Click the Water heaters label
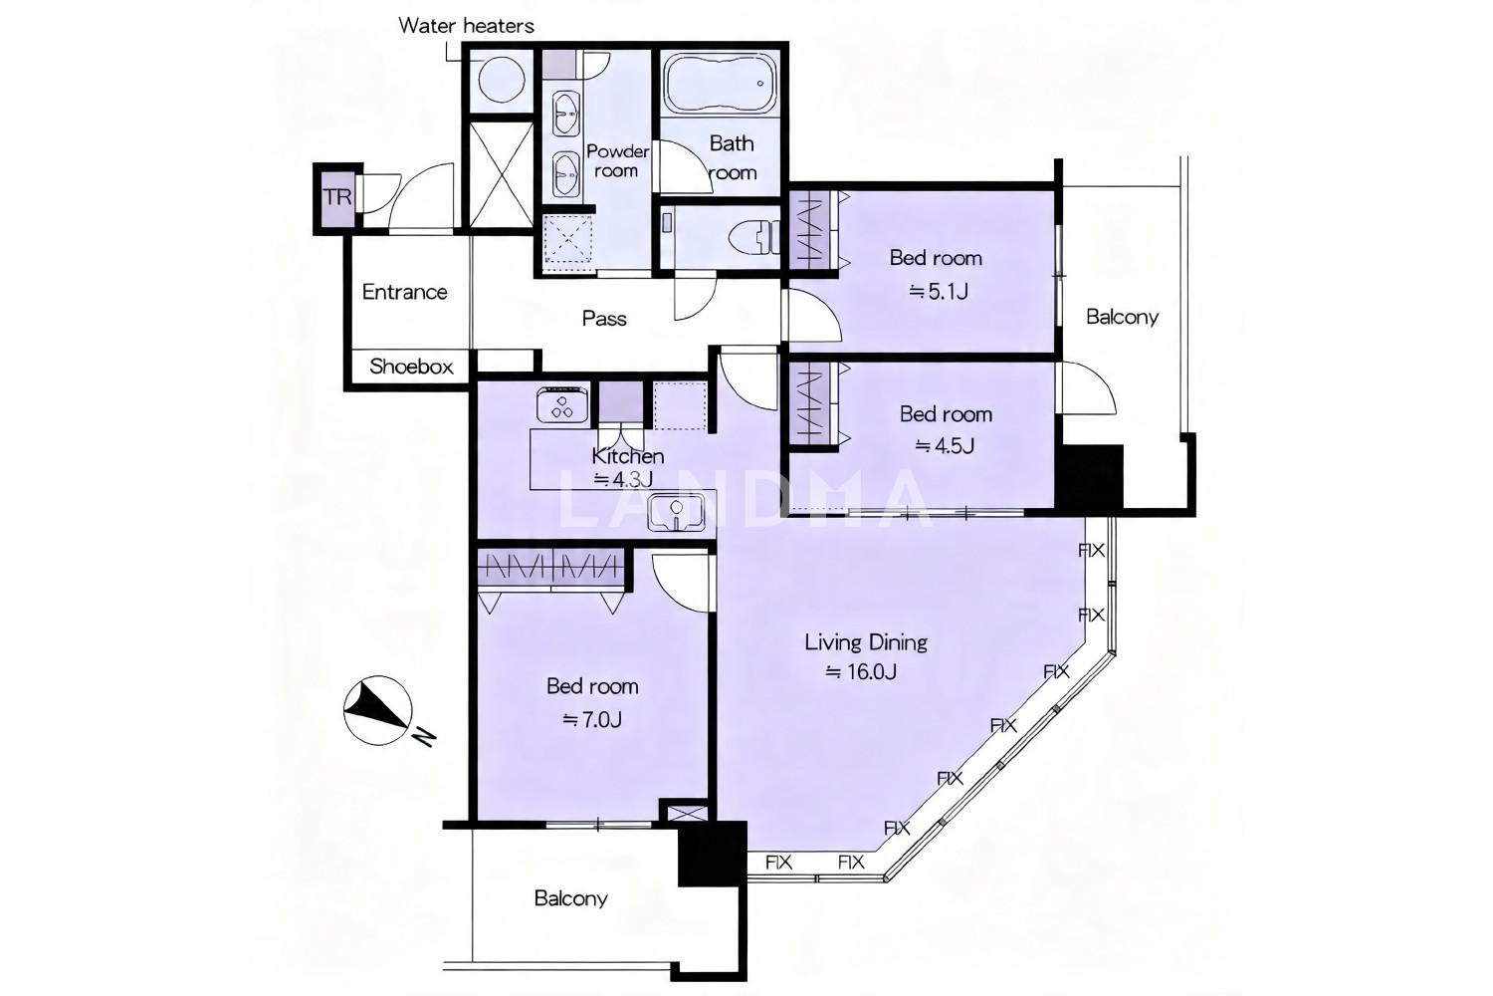(x=466, y=26)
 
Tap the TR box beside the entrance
(x=337, y=198)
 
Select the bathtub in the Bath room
(x=721, y=85)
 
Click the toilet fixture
(x=753, y=237)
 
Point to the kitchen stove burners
(x=562, y=405)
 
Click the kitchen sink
(x=676, y=512)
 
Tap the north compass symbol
(x=377, y=710)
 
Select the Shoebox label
(x=411, y=367)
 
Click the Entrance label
(x=404, y=292)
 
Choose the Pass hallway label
(x=604, y=318)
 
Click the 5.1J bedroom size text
(x=939, y=292)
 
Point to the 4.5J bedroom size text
(x=945, y=445)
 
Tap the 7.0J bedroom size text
(x=592, y=720)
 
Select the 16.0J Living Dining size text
(x=861, y=671)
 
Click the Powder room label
(x=617, y=160)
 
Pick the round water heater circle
(x=502, y=80)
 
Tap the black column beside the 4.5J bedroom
(x=1091, y=476)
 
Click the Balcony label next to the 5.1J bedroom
(x=1122, y=316)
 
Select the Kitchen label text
(x=628, y=456)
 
